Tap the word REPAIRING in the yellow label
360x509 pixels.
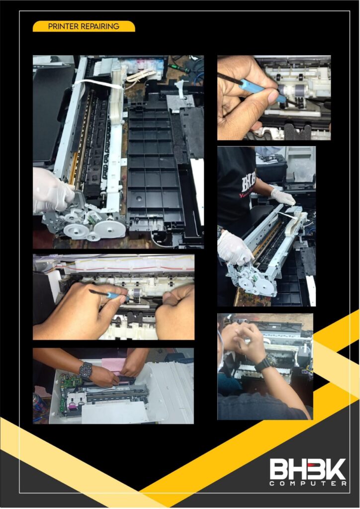tap(101, 26)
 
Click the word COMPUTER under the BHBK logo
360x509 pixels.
tap(308, 484)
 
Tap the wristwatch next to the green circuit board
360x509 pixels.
tap(86, 370)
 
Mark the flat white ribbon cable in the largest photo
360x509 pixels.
tap(97, 84)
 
